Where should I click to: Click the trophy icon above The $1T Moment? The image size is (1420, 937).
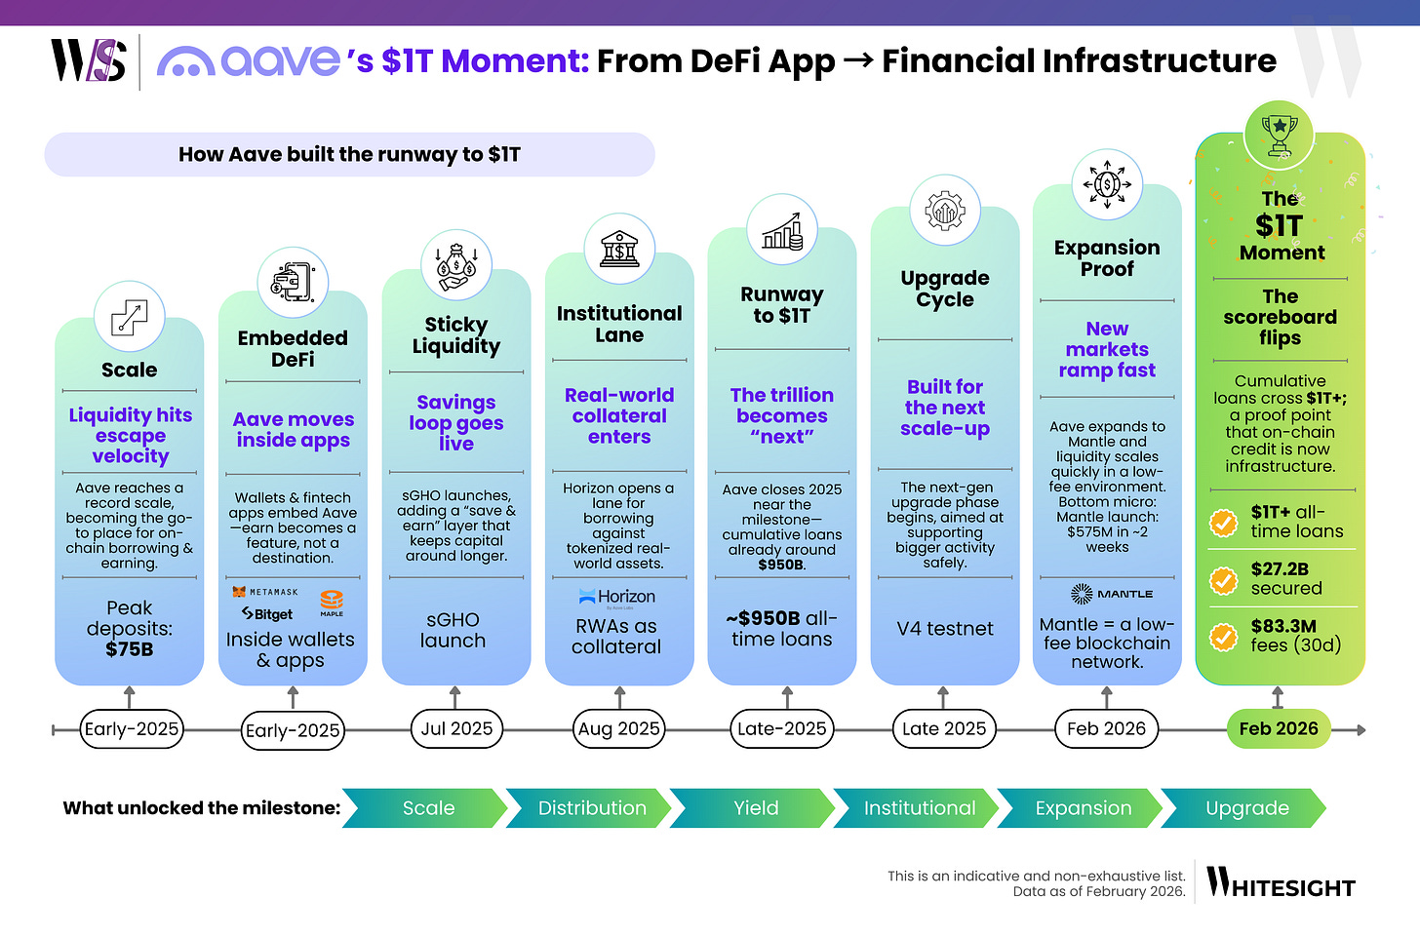pos(1279,135)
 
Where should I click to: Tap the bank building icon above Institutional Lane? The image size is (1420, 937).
pos(619,248)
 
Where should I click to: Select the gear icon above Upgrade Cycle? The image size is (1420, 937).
pos(944,210)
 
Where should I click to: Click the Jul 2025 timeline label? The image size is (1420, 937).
pos(456,728)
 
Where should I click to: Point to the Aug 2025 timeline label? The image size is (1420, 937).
pos(619,728)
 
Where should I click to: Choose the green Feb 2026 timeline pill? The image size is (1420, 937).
pos(1278,728)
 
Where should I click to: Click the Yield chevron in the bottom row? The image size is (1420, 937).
pos(755,808)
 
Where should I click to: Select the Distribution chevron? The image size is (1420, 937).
pos(591,808)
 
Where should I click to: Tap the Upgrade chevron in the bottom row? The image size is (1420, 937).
pos(1246,808)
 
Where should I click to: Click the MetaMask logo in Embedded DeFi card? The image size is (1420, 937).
pos(265,592)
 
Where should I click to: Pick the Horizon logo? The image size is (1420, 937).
pos(616,597)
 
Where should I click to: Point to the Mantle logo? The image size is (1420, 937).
pos(1111,594)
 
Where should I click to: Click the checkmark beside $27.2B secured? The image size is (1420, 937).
pos(1222,580)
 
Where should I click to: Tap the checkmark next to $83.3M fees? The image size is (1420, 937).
pos(1222,637)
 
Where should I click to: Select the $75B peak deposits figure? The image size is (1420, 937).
pos(129,649)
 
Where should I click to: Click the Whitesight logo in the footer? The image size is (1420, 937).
pos(1281,882)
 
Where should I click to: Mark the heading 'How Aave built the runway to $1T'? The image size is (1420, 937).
pos(349,154)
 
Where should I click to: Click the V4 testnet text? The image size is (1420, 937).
pos(944,629)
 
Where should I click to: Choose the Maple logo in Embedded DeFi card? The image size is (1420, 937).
pos(332,602)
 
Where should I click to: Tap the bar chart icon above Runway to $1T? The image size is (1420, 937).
pos(781,230)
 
